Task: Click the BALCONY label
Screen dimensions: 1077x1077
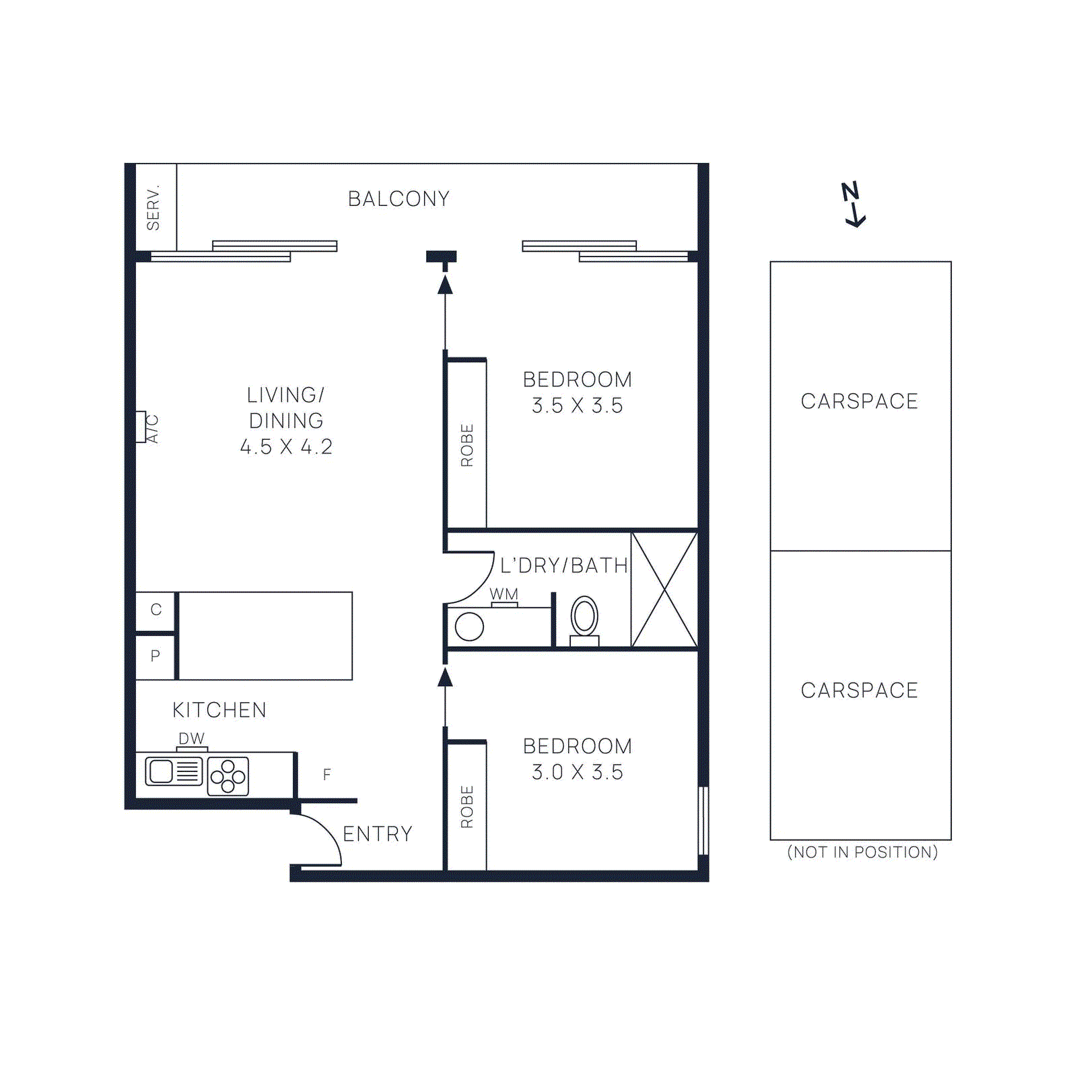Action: [x=398, y=199]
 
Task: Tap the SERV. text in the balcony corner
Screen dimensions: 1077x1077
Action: [x=153, y=207]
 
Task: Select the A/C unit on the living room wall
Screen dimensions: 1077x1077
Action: [x=141, y=427]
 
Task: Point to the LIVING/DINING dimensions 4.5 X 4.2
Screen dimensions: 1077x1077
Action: [x=286, y=447]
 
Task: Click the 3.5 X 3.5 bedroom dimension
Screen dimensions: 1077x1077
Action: [x=577, y=406]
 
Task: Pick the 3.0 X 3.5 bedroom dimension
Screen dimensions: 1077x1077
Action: [x=577, y=772]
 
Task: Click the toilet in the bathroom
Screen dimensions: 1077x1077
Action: [x=584, y=618]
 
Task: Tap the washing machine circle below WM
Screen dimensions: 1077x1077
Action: [x=469, y=627]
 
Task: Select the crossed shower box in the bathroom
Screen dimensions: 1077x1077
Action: [x=664, y=590]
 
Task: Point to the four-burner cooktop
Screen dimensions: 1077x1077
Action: [x=228, y=776]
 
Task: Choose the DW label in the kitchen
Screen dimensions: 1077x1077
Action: [x=191, y=738]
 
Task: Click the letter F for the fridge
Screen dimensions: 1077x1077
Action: [x=326, y=775]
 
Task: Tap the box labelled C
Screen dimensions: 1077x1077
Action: [x=155, y=610]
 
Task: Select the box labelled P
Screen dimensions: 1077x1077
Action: [x=155, y=656]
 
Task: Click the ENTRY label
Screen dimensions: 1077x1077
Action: [x=378, y=835]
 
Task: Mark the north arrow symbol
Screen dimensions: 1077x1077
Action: [x=853, y=204]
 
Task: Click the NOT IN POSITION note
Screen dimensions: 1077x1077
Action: [x=862, y=852]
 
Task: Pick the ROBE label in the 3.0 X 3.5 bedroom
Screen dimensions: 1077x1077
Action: [x=467, y=806]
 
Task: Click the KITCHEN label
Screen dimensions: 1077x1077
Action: [x=219, y=710]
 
